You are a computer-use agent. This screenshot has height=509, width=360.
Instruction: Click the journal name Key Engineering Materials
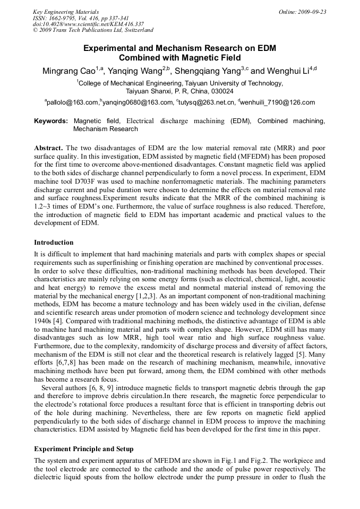[66, 12]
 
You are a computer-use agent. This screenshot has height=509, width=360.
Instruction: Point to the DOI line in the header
[88, 24]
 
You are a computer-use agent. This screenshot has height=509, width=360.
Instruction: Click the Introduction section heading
[54, 242]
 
